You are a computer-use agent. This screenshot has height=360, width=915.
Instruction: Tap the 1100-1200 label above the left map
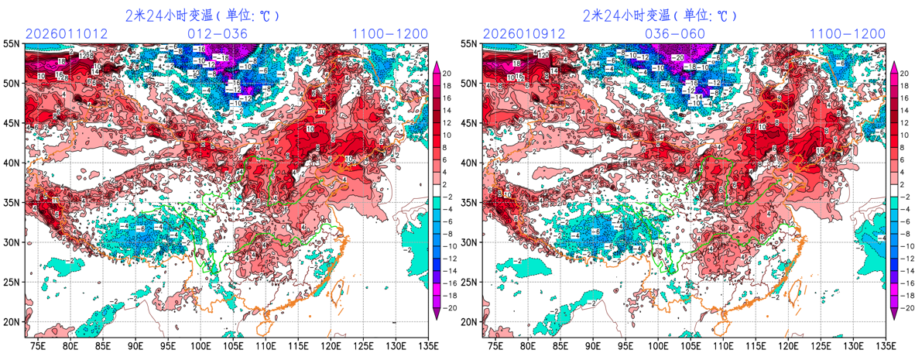389,33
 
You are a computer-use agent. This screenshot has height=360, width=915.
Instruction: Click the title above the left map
202,15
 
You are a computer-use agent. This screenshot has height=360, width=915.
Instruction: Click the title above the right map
660,15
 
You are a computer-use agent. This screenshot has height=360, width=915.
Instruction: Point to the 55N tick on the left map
12,44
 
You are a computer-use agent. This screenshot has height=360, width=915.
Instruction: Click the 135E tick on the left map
427,345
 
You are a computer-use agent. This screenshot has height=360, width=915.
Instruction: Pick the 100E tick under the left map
200,345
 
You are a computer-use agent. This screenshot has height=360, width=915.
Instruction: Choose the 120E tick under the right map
788,345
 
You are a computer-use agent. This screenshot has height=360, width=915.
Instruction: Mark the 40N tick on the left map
12,163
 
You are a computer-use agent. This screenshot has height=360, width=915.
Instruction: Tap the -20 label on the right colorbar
903,307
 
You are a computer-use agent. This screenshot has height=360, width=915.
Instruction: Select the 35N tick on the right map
470,203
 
